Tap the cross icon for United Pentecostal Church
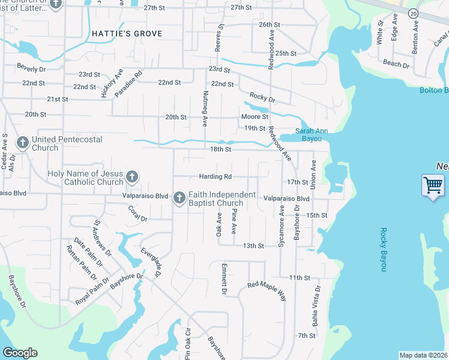(22, 143)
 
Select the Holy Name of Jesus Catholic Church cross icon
(132, 177)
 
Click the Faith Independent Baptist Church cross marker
(179, 197)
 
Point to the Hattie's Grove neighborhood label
(127, 34)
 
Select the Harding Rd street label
(215, 177)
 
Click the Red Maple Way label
(267, 287)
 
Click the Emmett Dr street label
(224, 279)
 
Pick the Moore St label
(255, 116)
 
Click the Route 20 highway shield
(413, 13)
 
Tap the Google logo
(20, 353)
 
